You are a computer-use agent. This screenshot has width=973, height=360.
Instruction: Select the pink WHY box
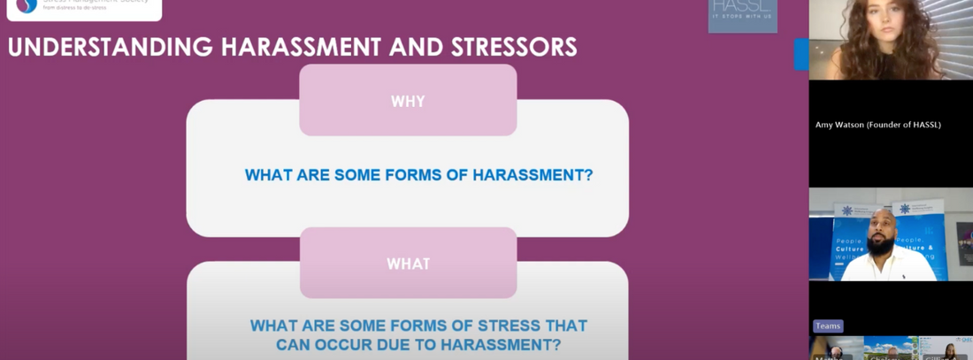click(x=408, y=101)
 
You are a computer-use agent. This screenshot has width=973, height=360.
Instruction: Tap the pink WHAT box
click(x=408, y=264)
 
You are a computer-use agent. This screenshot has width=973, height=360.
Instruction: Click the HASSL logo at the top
click(x=742, y=13)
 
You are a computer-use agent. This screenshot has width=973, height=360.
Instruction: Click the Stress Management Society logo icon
click(x=27, y=6)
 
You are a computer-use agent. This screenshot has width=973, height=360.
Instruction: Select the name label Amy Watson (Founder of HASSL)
click(x=877, y=125)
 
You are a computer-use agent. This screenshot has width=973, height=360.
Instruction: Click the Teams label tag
click(x=828, y=326)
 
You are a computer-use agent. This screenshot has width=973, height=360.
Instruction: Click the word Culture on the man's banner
click(x=849, y=251)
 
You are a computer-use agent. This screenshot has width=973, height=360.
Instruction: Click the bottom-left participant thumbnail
click(x=834, y=349)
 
